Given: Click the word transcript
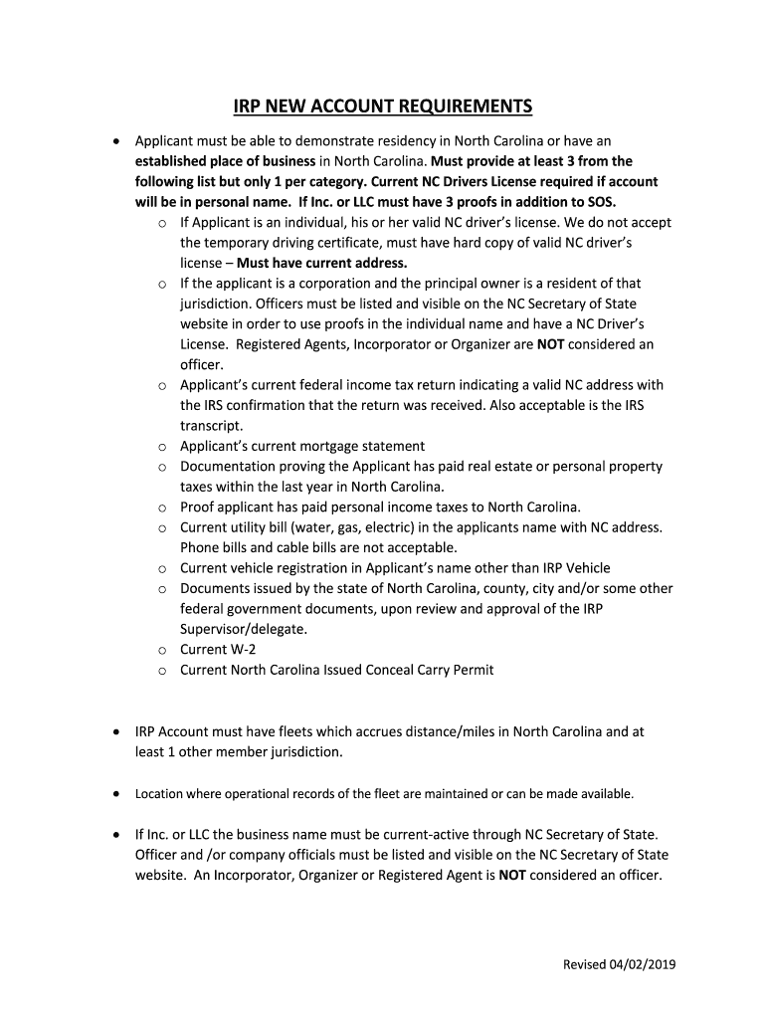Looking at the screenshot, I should tap(211, 425).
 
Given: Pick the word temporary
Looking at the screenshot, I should tap(245, 242).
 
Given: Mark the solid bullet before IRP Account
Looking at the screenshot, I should tap(116, 731).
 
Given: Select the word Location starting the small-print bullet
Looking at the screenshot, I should tap(157, 794).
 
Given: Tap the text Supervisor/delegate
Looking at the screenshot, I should tap(243, 629).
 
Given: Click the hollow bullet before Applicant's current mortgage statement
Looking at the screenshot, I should tap(161, 447).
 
